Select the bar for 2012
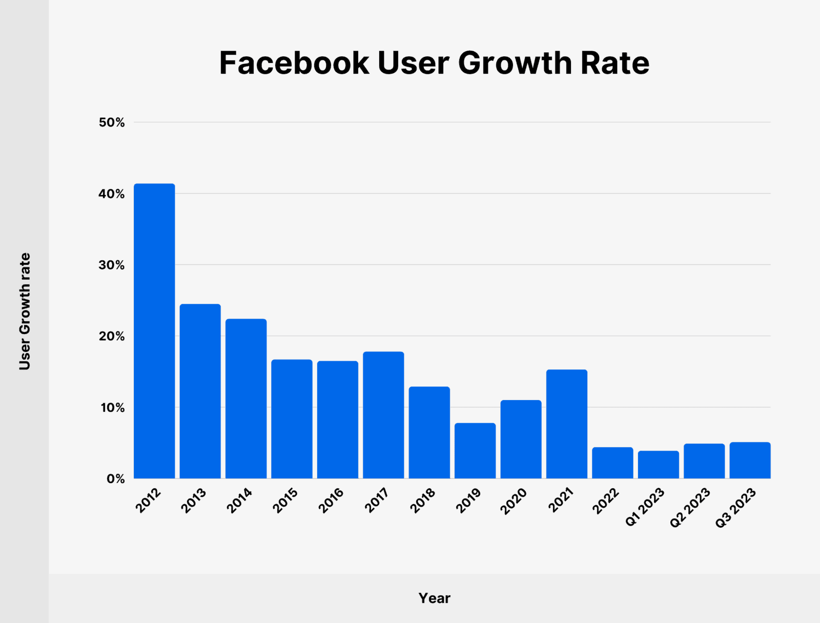154,331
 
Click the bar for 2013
200,391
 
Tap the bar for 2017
383,415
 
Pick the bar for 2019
475,451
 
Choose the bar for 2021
567,424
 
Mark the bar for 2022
612,463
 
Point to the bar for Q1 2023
659,465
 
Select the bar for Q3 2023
750,461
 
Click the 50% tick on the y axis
112,122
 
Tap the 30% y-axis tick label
112,265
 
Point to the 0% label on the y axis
115,479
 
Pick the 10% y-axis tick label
112,408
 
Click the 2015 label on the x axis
285,501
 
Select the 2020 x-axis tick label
514,501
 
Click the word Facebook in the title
294,63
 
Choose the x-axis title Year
434,598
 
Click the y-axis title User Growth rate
25,311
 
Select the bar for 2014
246,399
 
